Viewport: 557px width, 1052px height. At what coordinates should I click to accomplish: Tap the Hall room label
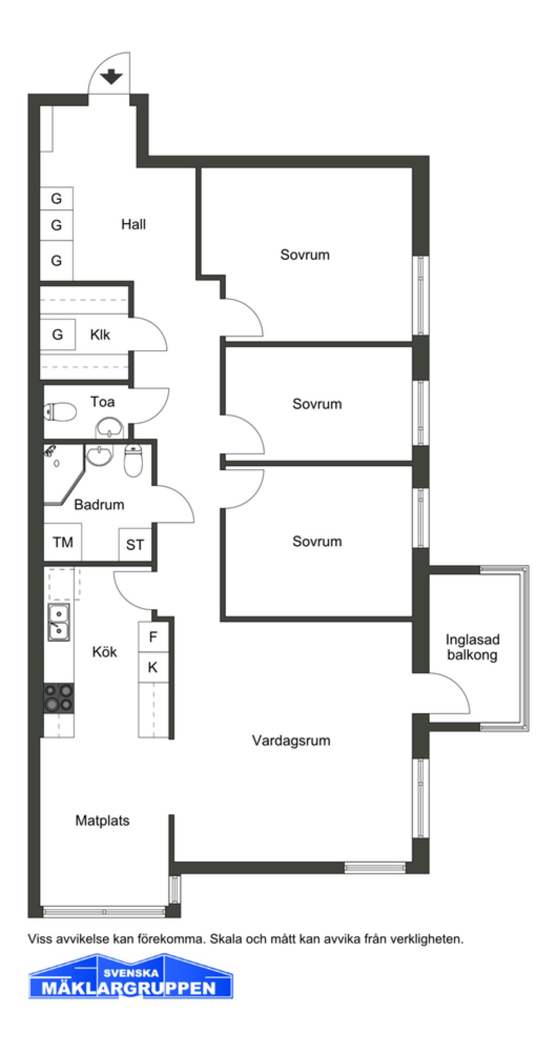[134, 224]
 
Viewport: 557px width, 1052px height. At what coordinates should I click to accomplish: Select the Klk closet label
[100, 335]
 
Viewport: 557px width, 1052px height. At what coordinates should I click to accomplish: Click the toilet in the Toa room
[60, 411]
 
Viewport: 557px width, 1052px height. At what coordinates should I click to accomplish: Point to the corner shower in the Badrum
[63, 474]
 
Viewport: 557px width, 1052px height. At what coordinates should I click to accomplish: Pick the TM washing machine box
[63, 542]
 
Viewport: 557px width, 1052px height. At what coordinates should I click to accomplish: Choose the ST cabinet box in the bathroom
[135, 544]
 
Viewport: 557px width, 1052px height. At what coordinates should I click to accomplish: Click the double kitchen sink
[58, 622]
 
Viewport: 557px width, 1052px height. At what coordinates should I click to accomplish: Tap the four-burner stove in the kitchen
[59, 697]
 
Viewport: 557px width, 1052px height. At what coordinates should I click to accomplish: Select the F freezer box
[153, 637]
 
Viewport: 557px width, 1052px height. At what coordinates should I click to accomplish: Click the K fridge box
[153, 667]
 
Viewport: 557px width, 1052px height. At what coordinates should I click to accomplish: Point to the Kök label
[104, 651]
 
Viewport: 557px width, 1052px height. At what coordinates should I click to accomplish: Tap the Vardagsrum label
[291, 740]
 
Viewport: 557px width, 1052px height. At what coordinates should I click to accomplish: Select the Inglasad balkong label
[473, 647]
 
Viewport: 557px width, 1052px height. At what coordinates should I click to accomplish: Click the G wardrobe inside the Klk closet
[58, 334]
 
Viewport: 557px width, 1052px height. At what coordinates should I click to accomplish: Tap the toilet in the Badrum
[134, 460]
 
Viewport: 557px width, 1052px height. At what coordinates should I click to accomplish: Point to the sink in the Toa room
[110, 427]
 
